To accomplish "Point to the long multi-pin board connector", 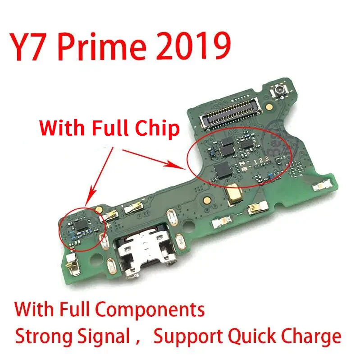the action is coord(230,112).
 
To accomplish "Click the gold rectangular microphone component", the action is coord(233,194).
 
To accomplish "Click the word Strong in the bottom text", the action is coord(44,337).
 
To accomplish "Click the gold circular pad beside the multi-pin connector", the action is coord(269,106).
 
